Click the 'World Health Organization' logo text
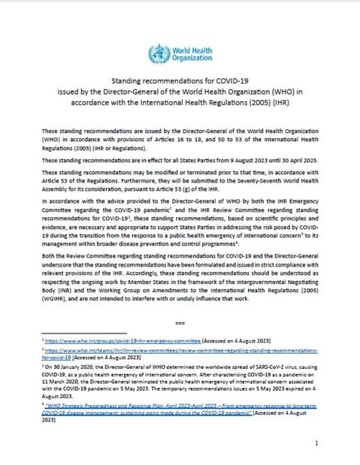(x=189, y=53)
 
